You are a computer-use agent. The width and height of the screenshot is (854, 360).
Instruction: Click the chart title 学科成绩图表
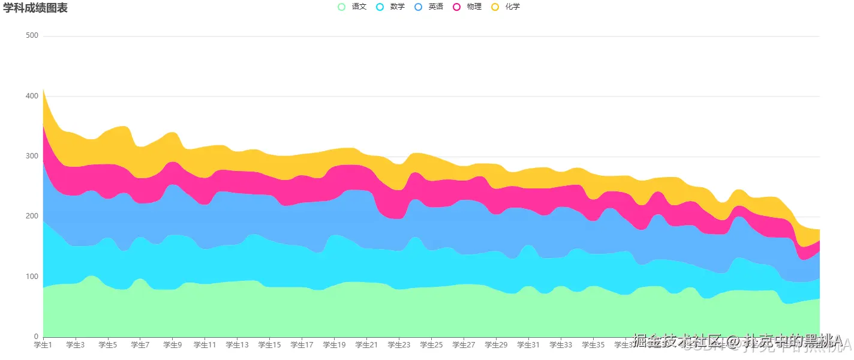pyautogui.click(x=35, y=8)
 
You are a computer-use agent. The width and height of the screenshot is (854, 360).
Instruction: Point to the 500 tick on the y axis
pyautogui.click(x=32, y=36)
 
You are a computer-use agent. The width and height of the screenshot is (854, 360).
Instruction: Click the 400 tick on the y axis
pyautogui.click(x=32, y=96)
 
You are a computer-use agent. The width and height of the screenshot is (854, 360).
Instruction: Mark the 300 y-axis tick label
pyautogui.click(x=32, y=156)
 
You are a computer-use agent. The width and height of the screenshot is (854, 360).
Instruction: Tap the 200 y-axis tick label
pyautogui.click(x=32, y=216)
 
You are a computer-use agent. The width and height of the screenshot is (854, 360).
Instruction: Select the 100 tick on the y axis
pyautogui.click(x=32, y=277)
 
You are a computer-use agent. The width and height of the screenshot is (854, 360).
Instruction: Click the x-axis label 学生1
pyautogui.click(x=43, y=345)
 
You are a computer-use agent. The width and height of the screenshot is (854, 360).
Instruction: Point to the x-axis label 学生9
pyautogui.click(x=173, y=345)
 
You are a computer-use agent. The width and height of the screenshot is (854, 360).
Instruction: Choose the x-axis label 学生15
pyautogui.click(x=269, y=345)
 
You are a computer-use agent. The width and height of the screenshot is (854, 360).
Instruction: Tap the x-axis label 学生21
pyautogui.click(x=366, y=345)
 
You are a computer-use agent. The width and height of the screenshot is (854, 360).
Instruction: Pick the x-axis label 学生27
pyautogui.click(x=464, y=345)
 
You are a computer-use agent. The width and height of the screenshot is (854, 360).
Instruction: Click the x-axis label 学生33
pyautogui.click(x=561, y=345)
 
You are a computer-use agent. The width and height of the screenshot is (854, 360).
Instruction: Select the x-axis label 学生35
pyautogui.click(x=593, y=345)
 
